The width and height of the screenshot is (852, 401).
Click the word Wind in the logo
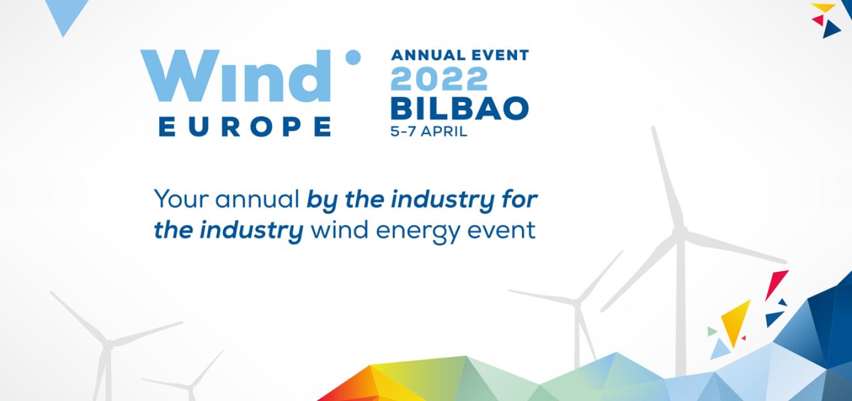click(236, 76)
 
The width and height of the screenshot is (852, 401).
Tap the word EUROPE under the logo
click(244, 127)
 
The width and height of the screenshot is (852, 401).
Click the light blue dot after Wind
click(353, 58)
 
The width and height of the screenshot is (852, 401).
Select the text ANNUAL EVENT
click(460, 55)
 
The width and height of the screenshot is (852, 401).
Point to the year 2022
click(439, 79)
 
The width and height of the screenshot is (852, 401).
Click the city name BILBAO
click(459, 108)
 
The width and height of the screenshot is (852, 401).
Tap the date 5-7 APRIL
click(429, 132)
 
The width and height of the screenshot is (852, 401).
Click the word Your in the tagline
click(181, 199)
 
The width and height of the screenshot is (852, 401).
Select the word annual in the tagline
click(257, 199)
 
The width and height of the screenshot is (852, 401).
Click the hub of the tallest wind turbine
click(680, 231)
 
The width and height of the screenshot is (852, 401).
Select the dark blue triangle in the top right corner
click(831, 29)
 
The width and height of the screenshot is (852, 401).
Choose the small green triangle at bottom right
click(712, 331)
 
